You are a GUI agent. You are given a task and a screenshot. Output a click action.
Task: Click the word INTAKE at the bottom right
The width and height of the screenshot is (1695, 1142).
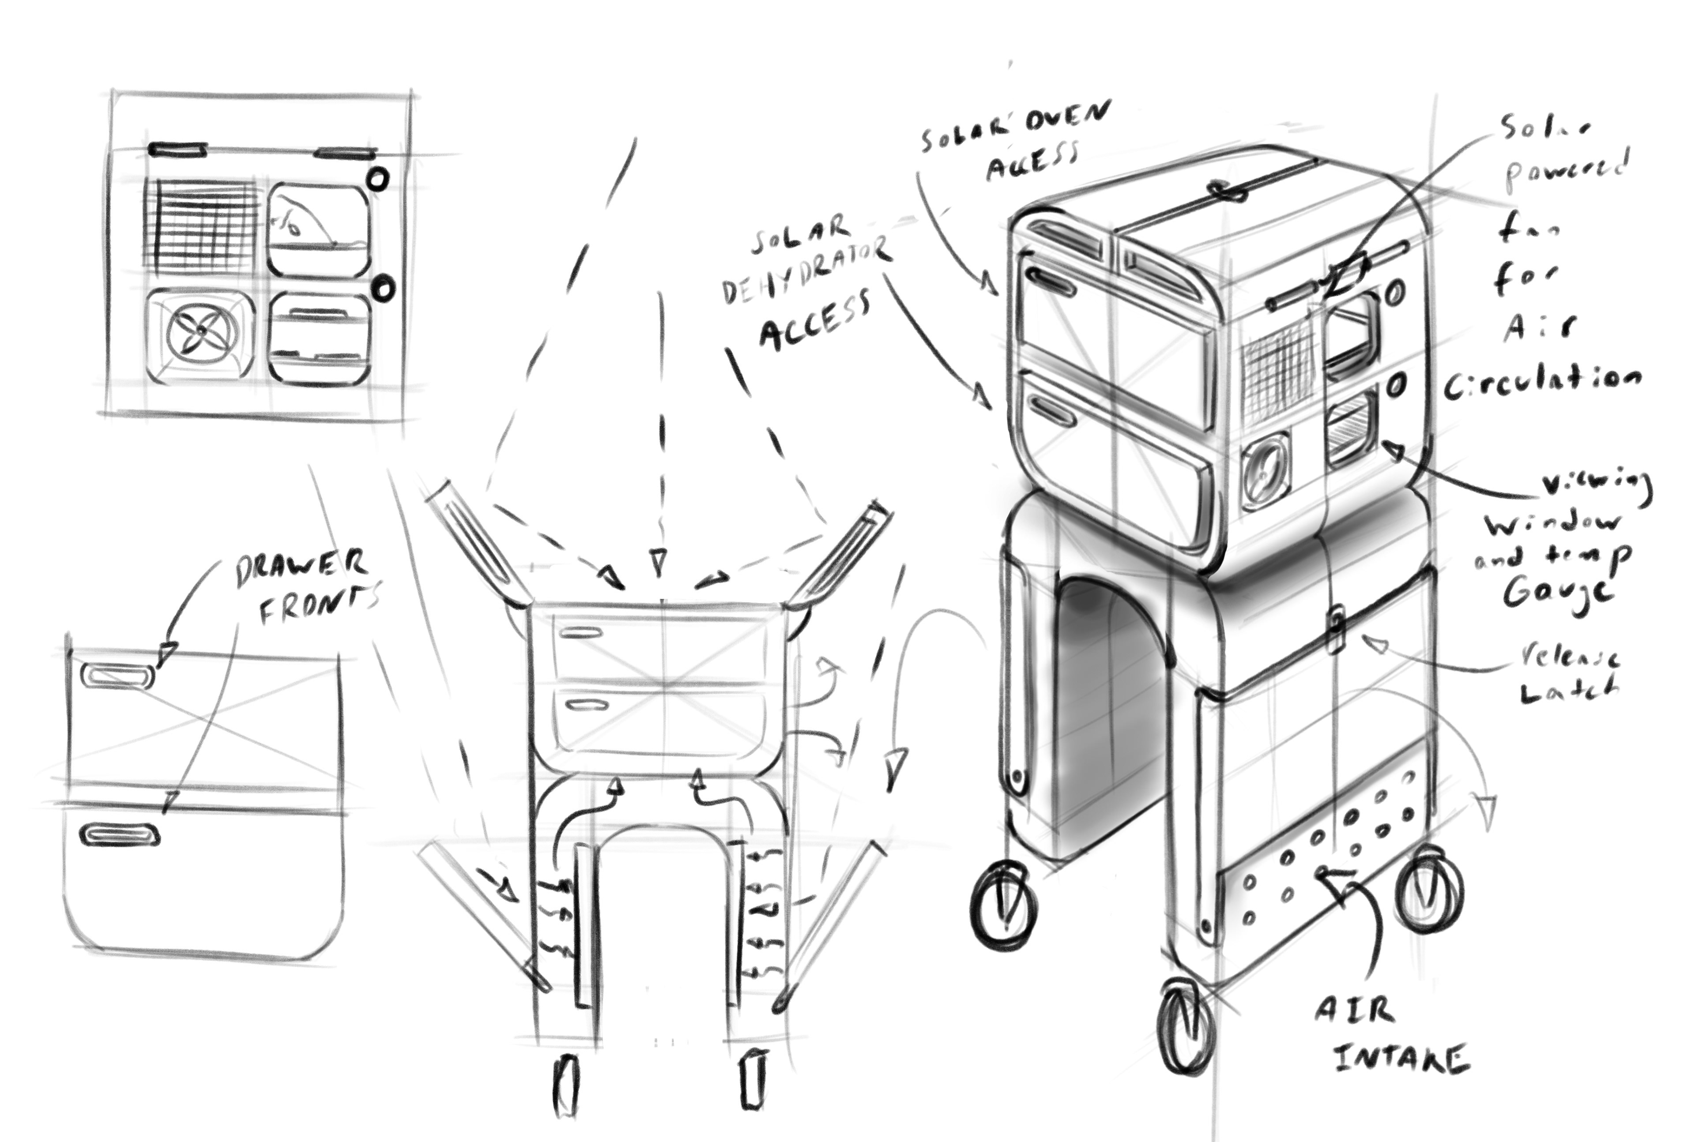[x=1401, y=1058]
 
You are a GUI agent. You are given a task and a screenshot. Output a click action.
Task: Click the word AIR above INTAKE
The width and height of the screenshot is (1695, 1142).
[x=1355, y=1010]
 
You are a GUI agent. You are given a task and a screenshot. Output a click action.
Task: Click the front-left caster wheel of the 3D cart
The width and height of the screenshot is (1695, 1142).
[x=1004, y=904]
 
